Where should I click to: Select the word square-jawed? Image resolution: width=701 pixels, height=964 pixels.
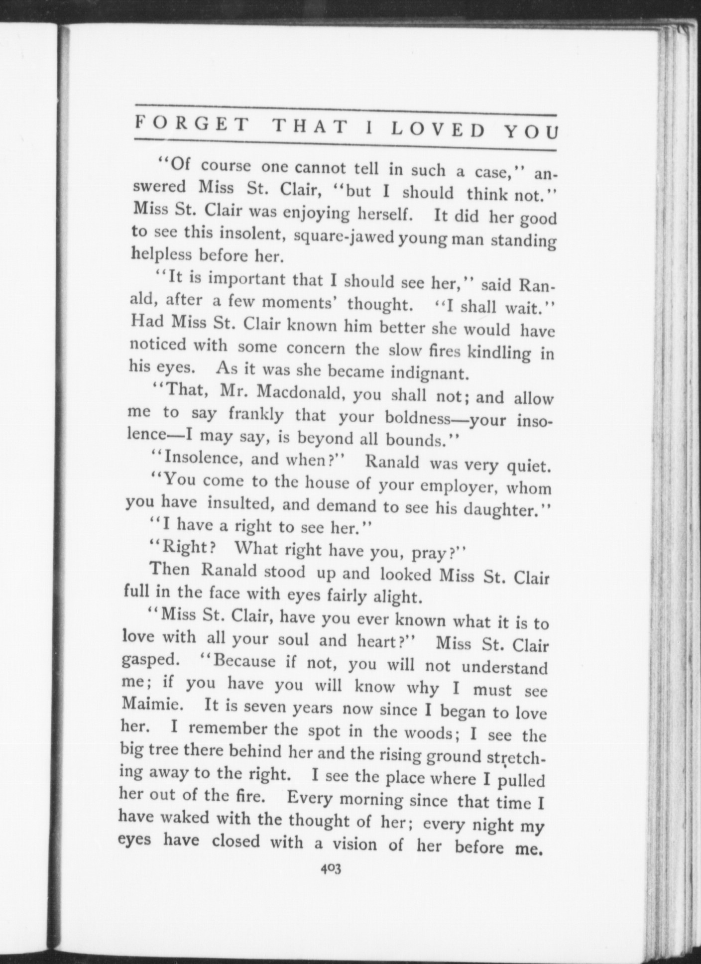pyautogui.click(x=344, y=237)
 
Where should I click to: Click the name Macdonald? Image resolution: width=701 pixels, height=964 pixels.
pyautogui.click(x=301, y=394)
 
